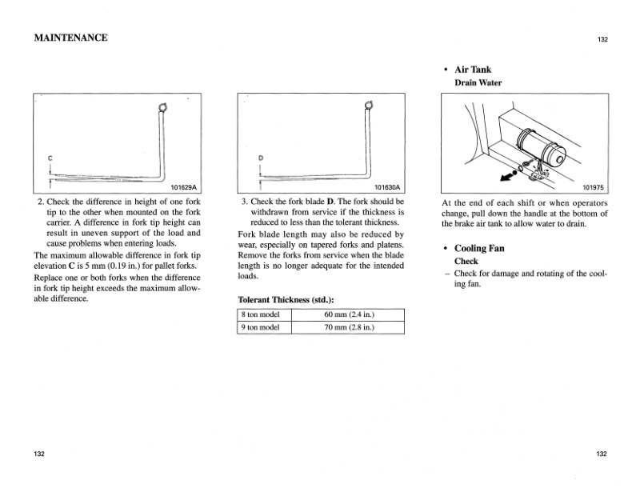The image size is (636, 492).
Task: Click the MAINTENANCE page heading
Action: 70,38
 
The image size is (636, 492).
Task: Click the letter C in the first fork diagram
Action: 50,158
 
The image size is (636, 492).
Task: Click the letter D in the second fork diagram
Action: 260,158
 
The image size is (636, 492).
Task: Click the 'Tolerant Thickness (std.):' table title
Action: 286,299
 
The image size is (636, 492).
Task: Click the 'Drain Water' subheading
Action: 478,82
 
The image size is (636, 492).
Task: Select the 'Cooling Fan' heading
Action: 479,248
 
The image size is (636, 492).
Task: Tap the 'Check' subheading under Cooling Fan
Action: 466,261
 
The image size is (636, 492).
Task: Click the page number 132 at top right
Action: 602,39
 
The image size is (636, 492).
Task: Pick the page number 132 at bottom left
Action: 39,454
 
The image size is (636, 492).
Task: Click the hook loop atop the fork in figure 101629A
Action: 162,108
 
